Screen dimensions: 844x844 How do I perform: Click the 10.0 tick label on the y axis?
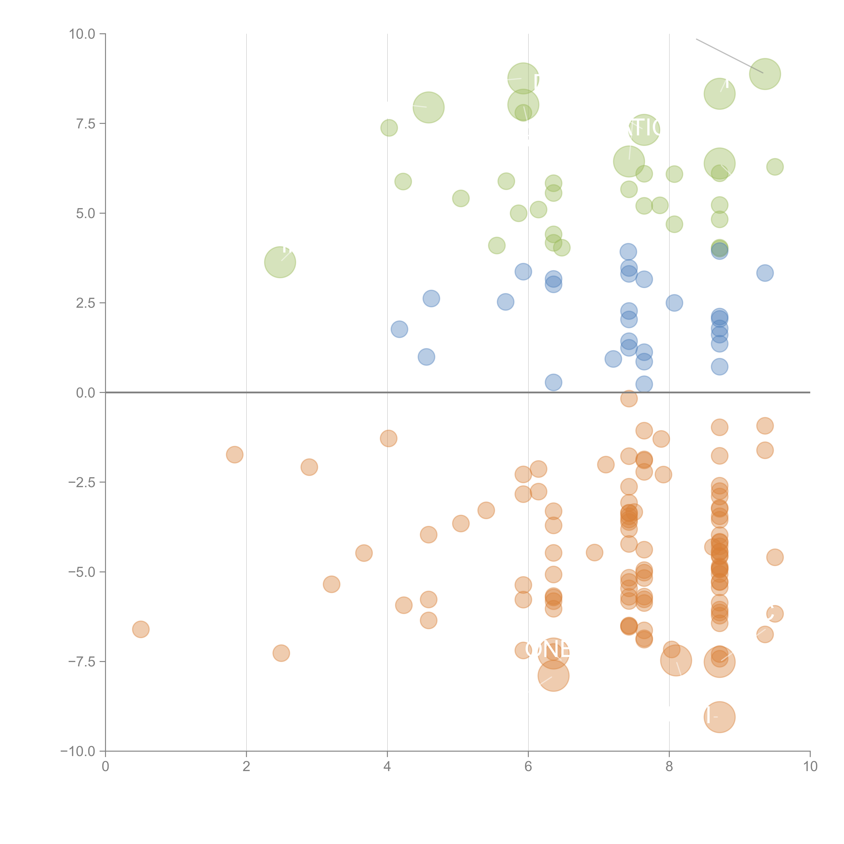82,34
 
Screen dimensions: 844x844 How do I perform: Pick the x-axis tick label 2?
246,767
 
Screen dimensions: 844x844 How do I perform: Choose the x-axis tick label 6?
528,767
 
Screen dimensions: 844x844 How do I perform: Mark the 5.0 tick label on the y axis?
86,214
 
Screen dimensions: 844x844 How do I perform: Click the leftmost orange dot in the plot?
141,629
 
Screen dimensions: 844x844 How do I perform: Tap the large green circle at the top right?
765,74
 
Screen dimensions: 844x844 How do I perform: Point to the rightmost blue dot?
765,273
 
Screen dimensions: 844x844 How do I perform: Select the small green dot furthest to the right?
775,166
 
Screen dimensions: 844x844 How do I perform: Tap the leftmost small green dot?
389,128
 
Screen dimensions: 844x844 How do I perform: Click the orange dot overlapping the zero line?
629,398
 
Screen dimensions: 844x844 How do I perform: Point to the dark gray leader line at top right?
730,56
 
